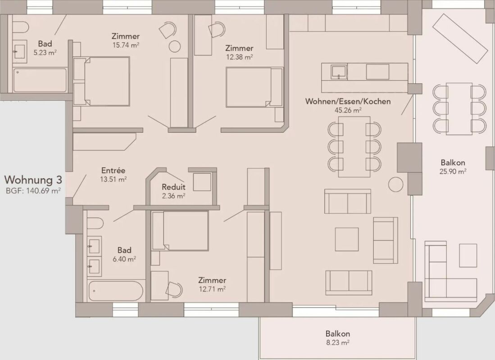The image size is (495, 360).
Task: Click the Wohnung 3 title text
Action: [33, 180]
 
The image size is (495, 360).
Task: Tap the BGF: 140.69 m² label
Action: [33, 191]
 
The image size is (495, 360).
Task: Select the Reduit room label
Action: [173, 187]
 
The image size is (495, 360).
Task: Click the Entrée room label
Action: [113, 171]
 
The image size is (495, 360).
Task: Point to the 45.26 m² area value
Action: [348, 110]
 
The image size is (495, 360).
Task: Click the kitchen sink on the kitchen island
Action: [338, 71]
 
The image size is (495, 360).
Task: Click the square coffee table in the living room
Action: [347, 239]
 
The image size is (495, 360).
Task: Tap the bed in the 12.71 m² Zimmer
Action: [182, 230]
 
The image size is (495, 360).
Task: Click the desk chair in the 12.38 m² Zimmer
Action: [217, 31]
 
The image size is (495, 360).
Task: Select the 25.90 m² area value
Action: [453, 171]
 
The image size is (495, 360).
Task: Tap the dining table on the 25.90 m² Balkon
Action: [459, 108]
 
